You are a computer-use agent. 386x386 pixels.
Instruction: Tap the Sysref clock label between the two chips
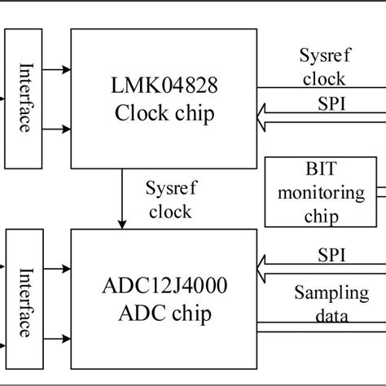click(169, 200)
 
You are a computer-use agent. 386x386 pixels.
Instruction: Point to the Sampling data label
click(331, 304)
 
